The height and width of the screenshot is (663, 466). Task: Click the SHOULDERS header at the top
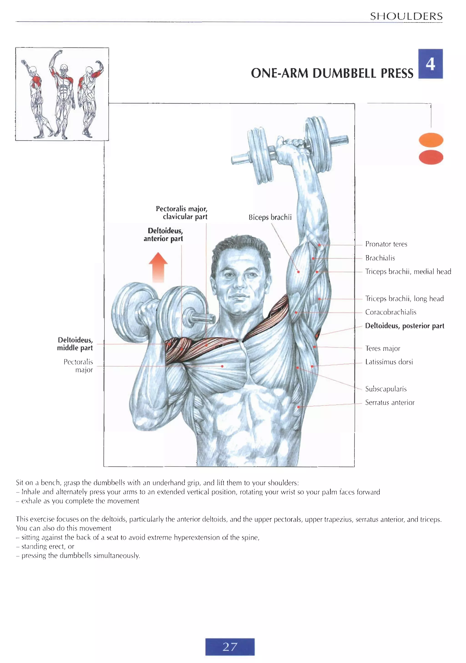point(406,16)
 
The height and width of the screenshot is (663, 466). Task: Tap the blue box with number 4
point(430,64)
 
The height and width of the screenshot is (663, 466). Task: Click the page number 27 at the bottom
point(230,647)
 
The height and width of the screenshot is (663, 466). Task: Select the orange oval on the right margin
point(431,140)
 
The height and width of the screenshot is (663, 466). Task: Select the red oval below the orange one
point(431,157)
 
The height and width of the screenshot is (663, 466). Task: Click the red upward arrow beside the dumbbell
point(158,267)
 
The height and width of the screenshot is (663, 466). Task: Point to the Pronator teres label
point(386,244)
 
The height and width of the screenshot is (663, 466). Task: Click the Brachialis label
point(380,258)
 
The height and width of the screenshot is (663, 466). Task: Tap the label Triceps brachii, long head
point(404,299)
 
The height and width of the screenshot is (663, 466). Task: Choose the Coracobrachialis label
point(391,312)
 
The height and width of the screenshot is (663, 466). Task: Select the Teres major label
point(382,348)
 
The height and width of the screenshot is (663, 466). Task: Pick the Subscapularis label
point(386,389)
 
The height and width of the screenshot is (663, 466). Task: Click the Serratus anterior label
point(390,402)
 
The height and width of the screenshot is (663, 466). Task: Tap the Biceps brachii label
point(270,217)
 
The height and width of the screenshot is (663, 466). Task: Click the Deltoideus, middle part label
point(75,344)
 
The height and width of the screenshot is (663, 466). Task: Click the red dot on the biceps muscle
point(298,272)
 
